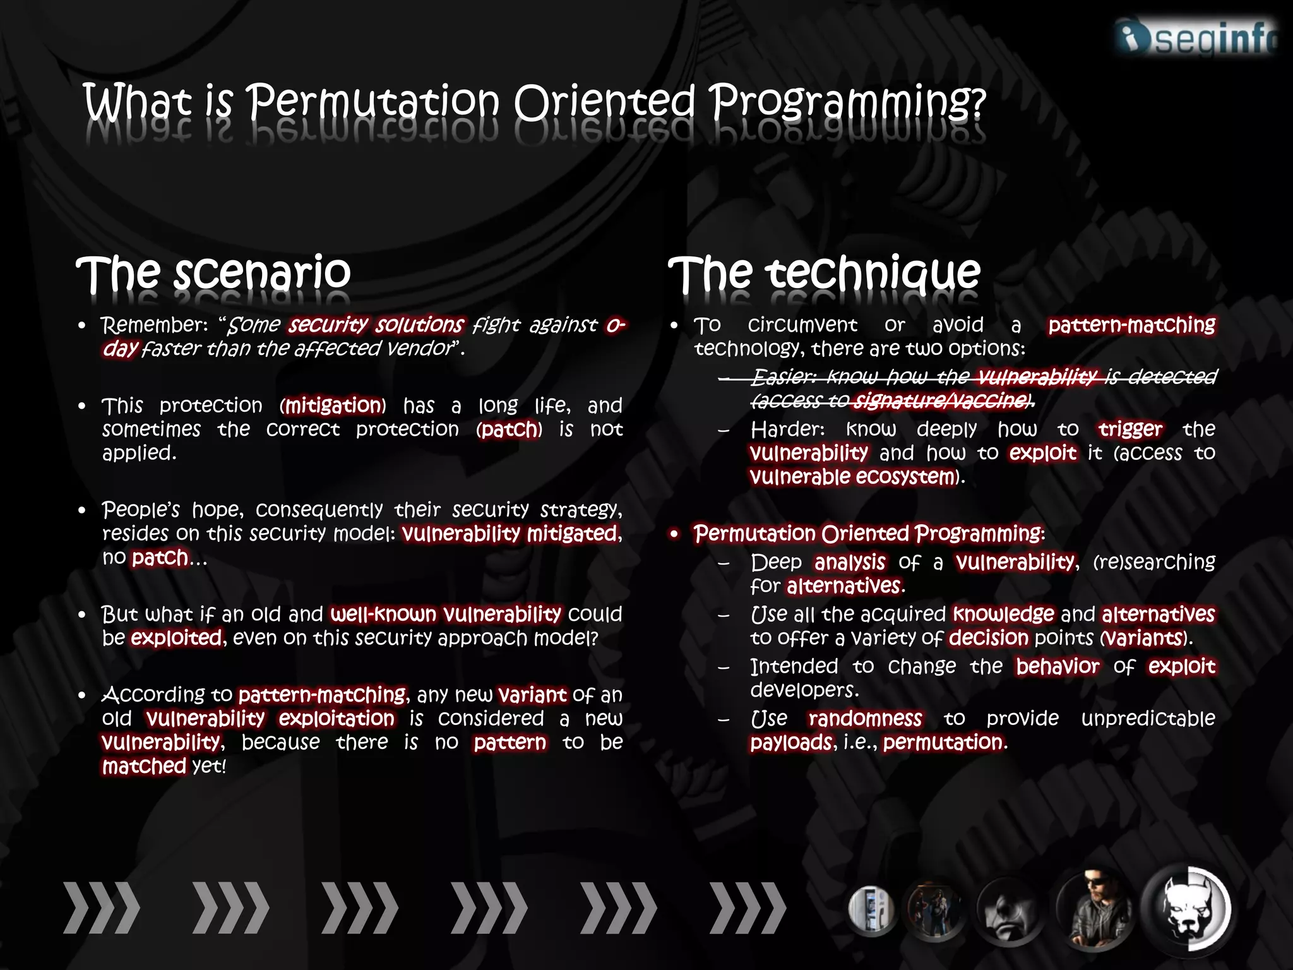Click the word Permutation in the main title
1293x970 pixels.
point(372,102)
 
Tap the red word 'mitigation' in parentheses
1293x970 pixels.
point(333,405)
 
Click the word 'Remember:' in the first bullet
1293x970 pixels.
point(154,325)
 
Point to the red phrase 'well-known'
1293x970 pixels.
point(383,614)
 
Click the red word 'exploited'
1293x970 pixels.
point(176,638)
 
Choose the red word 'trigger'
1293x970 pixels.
point(1129,429)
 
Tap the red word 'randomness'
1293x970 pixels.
point(864,719)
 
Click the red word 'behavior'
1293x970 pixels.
point(1058,666)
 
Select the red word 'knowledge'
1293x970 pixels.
point(1003,614)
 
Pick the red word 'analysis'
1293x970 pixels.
point(850,562)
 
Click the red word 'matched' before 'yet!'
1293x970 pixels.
point(144,767)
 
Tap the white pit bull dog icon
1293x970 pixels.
point(1188,909)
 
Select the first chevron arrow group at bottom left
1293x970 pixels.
point(101,908)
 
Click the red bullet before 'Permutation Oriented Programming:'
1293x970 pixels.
point(674,534)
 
